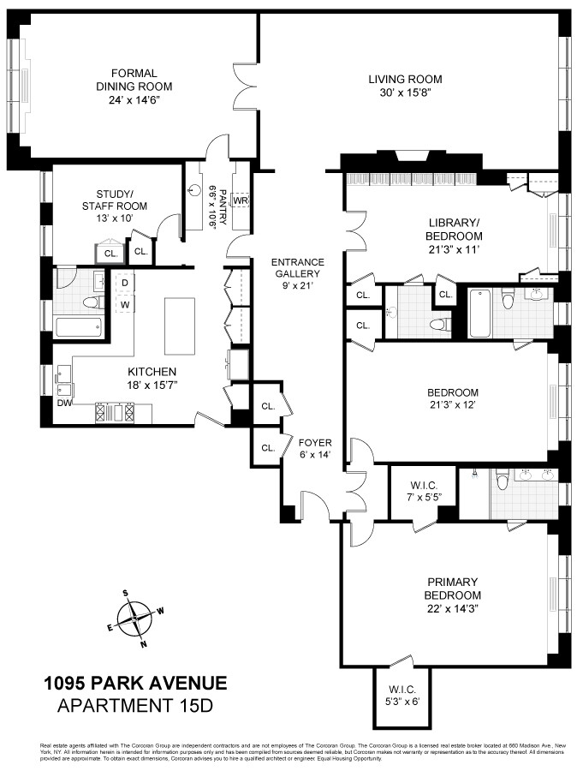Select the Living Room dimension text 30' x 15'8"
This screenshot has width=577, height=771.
click(x=405, y=93)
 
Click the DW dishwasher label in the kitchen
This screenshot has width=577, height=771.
click(x=64, y=402)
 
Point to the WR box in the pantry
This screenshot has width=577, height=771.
click(x=241, y=200)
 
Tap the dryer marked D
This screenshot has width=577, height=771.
click(x=124, y=282)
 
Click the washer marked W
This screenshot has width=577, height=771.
click(x=124, y=304)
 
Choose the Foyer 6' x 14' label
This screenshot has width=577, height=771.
click(x=313, y=449)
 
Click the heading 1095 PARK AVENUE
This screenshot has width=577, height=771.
click(x=135, y=684)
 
